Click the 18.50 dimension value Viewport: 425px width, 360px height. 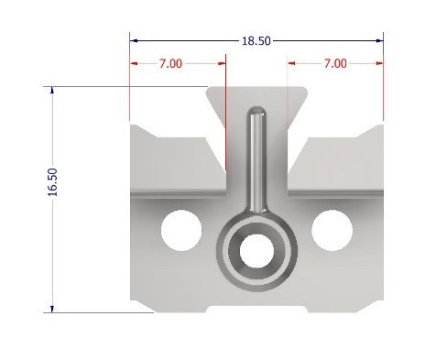point(256,40)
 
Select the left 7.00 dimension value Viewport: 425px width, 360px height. point(170,63)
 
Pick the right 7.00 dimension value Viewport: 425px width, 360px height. point(335,63)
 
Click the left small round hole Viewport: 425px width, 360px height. point(180,229)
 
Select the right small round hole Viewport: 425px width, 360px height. point(330,229)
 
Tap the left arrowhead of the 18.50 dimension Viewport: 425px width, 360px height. point(134,40)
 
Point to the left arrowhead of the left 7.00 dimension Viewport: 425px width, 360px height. point(135,63)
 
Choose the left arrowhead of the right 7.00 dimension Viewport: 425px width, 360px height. point(292,63)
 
